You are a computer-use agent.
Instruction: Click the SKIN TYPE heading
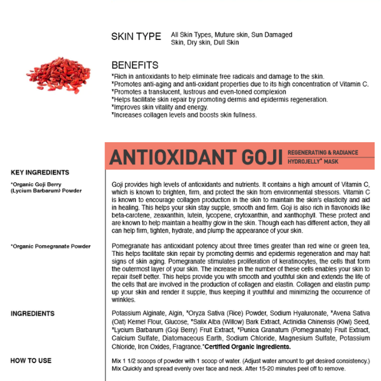pos(136,37)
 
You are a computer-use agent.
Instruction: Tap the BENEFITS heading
pos(135,65)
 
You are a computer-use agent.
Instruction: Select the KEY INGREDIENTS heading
pos(40,172)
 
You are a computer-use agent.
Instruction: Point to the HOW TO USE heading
pos(31,361)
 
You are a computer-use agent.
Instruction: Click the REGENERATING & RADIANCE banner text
pos(322,152)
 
